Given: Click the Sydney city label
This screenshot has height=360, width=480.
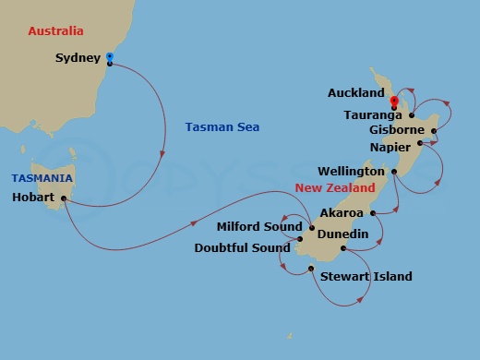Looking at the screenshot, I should click(x=77, y=58).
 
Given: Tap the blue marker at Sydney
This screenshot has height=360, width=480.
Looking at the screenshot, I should click(x=110, y=56).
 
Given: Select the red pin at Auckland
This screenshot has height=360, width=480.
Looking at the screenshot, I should click(x=394, y=101).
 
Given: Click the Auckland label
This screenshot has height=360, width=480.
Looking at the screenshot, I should click(x=355, y=93).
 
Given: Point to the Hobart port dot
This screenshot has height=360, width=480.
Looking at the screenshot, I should click(x=64, y=198).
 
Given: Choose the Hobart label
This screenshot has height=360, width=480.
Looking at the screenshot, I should click(x=34, y=198).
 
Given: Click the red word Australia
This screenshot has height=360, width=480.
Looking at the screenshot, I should click(x=56, y=30).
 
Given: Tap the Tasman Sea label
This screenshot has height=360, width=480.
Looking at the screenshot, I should click(x=222, y=126).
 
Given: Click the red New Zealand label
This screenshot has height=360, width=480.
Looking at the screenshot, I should click(x=334, y=188).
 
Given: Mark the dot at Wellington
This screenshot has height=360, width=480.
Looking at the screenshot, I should click(x=394, y=172).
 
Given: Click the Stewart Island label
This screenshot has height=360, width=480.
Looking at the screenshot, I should click(x=366, y=277).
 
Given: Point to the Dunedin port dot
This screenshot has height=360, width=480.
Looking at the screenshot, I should click(x=343, y=247).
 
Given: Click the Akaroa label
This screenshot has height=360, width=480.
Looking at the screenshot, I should click(x=341, y=213).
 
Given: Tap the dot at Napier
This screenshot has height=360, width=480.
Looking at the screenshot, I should click(x=420, y=143).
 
